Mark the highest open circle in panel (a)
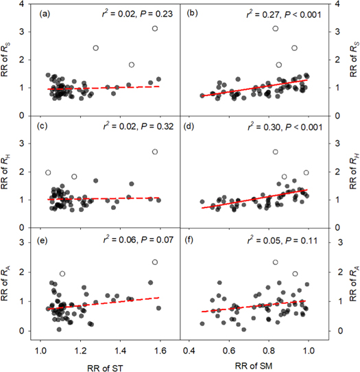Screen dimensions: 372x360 (155, 29)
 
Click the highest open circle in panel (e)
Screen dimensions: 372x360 (155, 262)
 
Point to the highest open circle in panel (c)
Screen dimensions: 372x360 (155, 152)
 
